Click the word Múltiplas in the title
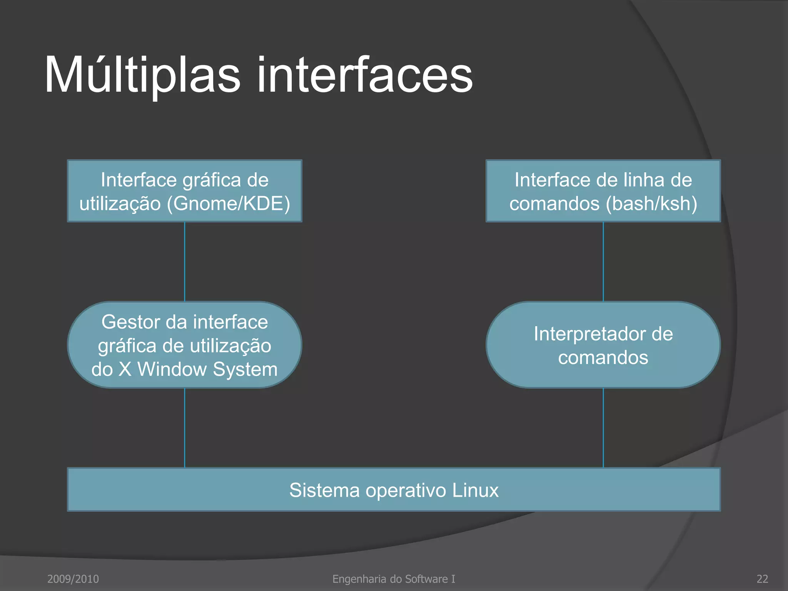(x=142, y=75)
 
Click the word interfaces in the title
(x=364, y=75)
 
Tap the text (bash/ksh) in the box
(x=651, y=204)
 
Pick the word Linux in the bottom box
(x=475, y=490)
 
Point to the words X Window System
(x=198, y=369)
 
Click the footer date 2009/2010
(x=73, y=579)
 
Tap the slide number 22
(x=762, y=579)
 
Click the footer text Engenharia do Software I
(x=394, y=579)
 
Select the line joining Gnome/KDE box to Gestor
(x=185, y=262)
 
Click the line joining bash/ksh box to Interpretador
(x=603, y=262)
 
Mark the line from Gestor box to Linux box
(x=185, y=428)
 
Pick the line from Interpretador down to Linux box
(x=603, y=428)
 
